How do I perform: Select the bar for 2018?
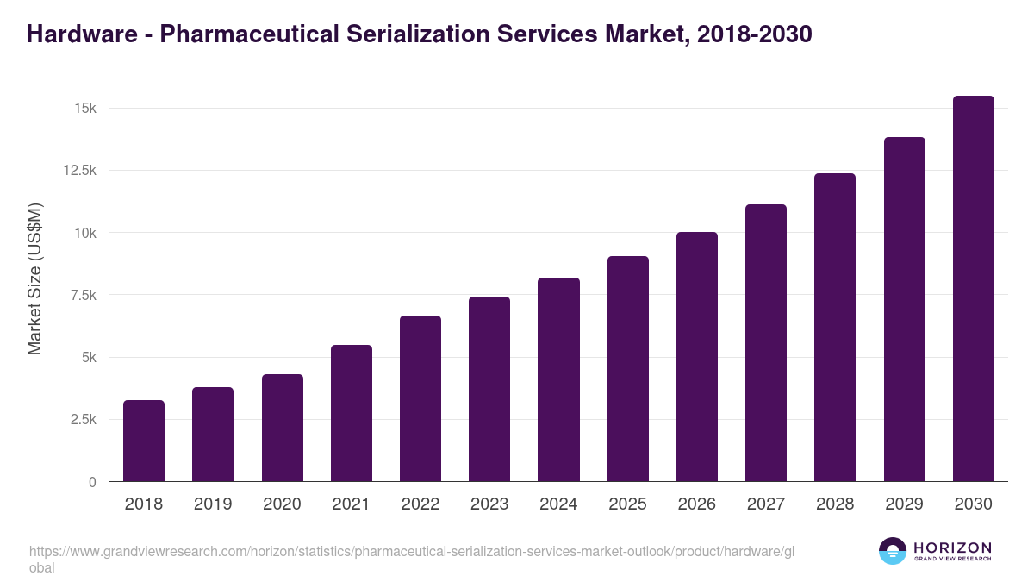pos(144,441)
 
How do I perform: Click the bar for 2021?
pos(352,413)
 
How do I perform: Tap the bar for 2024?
pos(558,379)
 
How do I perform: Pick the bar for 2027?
pos(766,342)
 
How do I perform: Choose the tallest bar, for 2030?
pos(973,288)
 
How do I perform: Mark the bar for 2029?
pos(904,309)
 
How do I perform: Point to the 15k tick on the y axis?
pos(84,109)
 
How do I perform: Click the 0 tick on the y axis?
pos(91,482)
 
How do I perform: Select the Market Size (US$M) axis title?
pos(34,279)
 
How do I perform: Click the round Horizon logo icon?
pos(892,551)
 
